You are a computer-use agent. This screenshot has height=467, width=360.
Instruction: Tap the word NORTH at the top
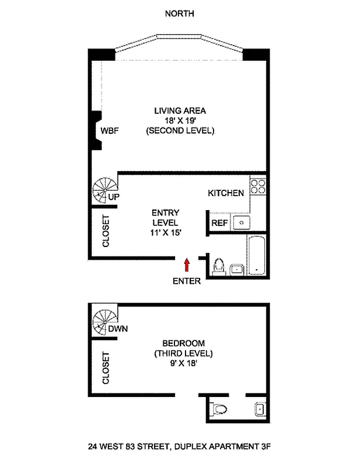[180, 13]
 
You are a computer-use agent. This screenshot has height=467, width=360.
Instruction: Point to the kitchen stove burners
[257, 187]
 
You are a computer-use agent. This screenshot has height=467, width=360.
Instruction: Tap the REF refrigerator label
[219, 223]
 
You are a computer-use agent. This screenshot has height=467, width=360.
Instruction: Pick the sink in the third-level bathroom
[259, 409]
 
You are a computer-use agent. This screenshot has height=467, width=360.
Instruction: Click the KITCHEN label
[226, 193]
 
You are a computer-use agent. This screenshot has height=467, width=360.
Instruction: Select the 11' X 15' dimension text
[165, 233]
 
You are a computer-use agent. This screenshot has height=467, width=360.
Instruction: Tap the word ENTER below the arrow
[187, 281]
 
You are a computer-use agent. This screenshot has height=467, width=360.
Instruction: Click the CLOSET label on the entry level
[107, 232]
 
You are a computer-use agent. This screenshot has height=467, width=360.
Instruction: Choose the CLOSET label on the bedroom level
[106, 367]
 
